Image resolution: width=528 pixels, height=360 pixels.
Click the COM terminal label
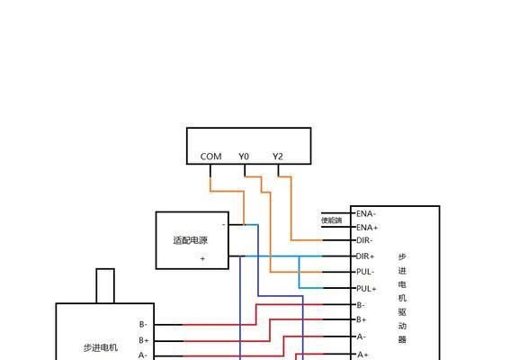pyautogui.click(x=210, y=157)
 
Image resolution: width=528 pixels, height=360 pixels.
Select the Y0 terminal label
pyautogui.click(x=244, y=157)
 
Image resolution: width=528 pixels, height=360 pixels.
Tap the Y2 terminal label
pyautogui.click(x=278, y=157)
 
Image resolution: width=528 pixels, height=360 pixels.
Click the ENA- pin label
pyautogui.click(x=366, y=213)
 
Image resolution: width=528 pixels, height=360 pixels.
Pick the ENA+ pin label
pyautogui.click(x=367, y=228)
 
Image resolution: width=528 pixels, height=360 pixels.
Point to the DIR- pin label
pyautogui.click(x=364, y=240)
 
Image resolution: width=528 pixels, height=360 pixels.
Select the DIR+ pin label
pyautogui.click(x=365, y=256)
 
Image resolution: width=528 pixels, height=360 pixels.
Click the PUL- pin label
pyautogui.click(x=365, y=272)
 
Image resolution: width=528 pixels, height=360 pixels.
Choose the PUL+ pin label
pyautogui.click(x=366, y=289)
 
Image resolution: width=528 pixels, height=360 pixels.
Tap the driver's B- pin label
pyautogui.click(x=361, y=305)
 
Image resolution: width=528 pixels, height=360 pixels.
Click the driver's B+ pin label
pyautogui.click(x=362, y=319)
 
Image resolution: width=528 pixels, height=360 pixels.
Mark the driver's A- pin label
pyautogui.click(x=361, y=337)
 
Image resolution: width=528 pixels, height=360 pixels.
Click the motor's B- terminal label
pyautogui.click(x=143, y=324)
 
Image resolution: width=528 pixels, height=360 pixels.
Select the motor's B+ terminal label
pyautogui.click(x=144, y=340)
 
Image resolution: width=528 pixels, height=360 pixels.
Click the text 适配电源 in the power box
pyautogui.click(x=191, y=240)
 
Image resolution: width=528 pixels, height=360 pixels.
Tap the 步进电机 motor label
pyautogui.click(x=101, y=347)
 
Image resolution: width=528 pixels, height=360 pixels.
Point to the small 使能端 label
pyautogui.click(x=332, y=220)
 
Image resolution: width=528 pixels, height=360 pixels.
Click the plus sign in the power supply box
pyautogui.click(x=202, y=259)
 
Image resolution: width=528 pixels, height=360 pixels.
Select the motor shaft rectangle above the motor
pyautogui.click(x=105, y=286)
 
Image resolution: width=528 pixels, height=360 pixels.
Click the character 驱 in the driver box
pyautogui.click(x=402, y=312)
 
